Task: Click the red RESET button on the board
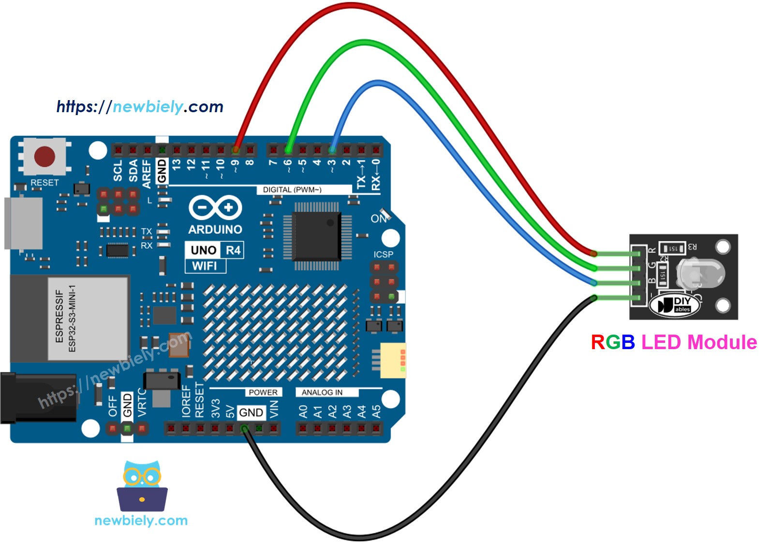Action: [x=44, y=157]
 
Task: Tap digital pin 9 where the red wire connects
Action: [x=236, y=150]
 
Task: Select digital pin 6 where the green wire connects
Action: [x=288, y=150]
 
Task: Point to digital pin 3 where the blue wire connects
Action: [x=332, y=150]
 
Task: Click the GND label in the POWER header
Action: [x=251, y=412]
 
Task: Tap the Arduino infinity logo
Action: [x=215, y=208]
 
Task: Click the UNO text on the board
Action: [x=203, y=250]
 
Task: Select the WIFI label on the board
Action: [x=205, y=266]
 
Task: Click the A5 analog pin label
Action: [x=376, y=412]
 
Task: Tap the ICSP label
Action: [x=383, y=254]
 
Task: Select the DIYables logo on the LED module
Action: [x=675, y=305]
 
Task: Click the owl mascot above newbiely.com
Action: [x=142, y=486]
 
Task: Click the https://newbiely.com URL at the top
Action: [x=140, y=106]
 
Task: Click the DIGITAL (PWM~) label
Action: [x=292, y=190]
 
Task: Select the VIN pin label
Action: [x=274, y=409]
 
